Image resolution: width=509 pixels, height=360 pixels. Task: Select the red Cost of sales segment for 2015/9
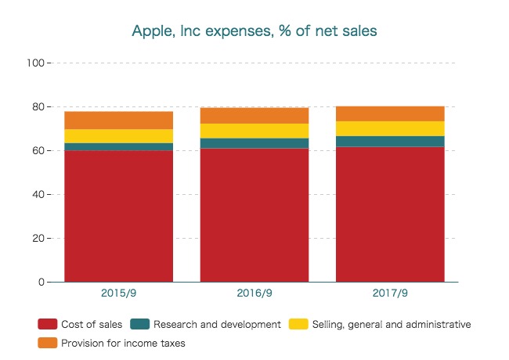(x=119, y=215)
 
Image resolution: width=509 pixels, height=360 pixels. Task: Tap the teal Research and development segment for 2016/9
(x=254, y=143)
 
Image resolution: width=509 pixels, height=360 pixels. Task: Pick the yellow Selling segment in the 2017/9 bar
(x=390, y=128)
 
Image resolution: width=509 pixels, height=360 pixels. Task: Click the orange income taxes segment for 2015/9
(x=119, y=121)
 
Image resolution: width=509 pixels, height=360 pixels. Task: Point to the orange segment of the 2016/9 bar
(x=254, y=115)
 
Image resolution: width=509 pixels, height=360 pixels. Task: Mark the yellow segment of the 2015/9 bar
(x=119, y=136)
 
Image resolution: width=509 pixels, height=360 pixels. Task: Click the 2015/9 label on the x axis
(x=119, y=294)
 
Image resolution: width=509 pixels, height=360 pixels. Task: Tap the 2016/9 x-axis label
(x=254, y=294)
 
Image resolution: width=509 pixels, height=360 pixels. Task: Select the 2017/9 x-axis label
(x=390, y=294)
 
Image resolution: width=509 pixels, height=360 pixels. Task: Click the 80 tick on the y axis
(x=38, y=106)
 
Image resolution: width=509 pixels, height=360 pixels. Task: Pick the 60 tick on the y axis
(x=38, y=150)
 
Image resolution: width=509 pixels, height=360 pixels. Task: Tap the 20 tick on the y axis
(x=38, y=238)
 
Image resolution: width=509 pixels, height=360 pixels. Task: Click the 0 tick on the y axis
(x=41, y=282)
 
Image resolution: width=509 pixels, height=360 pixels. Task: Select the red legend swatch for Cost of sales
(x=47, y=324)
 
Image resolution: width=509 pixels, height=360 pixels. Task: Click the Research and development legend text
(x=217, y=324)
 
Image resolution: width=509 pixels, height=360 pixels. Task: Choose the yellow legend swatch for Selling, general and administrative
(x=299, y=324)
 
